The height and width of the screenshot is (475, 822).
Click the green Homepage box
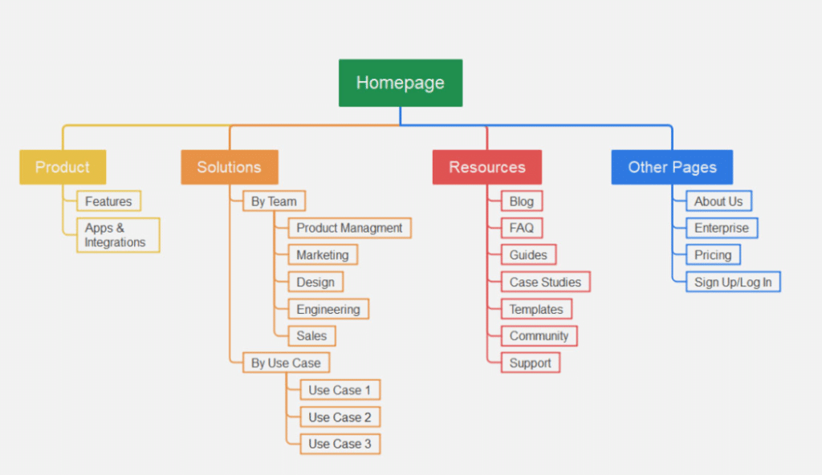coord(400,83)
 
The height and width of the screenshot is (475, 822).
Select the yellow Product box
coord(63,167)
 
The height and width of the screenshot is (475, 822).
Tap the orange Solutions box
coord(229,167)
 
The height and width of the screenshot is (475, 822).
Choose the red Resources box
coord(486,167)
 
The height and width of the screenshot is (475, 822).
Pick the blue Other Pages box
coord(672,167)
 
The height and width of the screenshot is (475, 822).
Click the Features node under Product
coord(108,201)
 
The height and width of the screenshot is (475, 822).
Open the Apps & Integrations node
coord(117,235)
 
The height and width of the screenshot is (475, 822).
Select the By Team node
coord(274,201)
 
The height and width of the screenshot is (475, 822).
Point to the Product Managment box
coord(349,228)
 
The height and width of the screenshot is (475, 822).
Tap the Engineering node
coord(328,309)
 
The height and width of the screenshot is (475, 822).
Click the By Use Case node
coord(285,363)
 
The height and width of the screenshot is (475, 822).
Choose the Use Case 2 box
coord(340,417)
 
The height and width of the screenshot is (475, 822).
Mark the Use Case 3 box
coord(340,444)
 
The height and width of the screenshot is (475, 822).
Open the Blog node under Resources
coord(521,201)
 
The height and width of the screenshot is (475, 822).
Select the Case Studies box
coord(545,282)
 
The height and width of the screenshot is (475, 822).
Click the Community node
coord(539,335)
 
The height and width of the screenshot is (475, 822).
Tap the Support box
coord(530,363)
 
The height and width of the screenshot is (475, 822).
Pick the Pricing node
coord(713,255)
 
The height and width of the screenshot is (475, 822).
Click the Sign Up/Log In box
coord(733,282)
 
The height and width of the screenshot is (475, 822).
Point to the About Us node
coord(718,201)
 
